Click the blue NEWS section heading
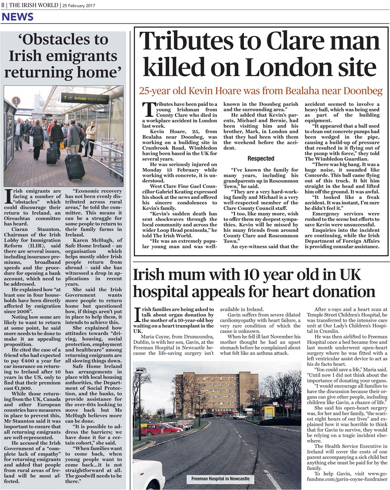click(18, 17)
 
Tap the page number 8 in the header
click(3, 5)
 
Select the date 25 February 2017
click(79, 6)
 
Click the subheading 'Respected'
click(261, 158)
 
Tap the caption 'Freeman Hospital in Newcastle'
click(220, 479)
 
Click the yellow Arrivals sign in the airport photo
click(85, 98)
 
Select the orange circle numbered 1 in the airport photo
click(16, 101)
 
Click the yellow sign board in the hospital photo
click(269, 413)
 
